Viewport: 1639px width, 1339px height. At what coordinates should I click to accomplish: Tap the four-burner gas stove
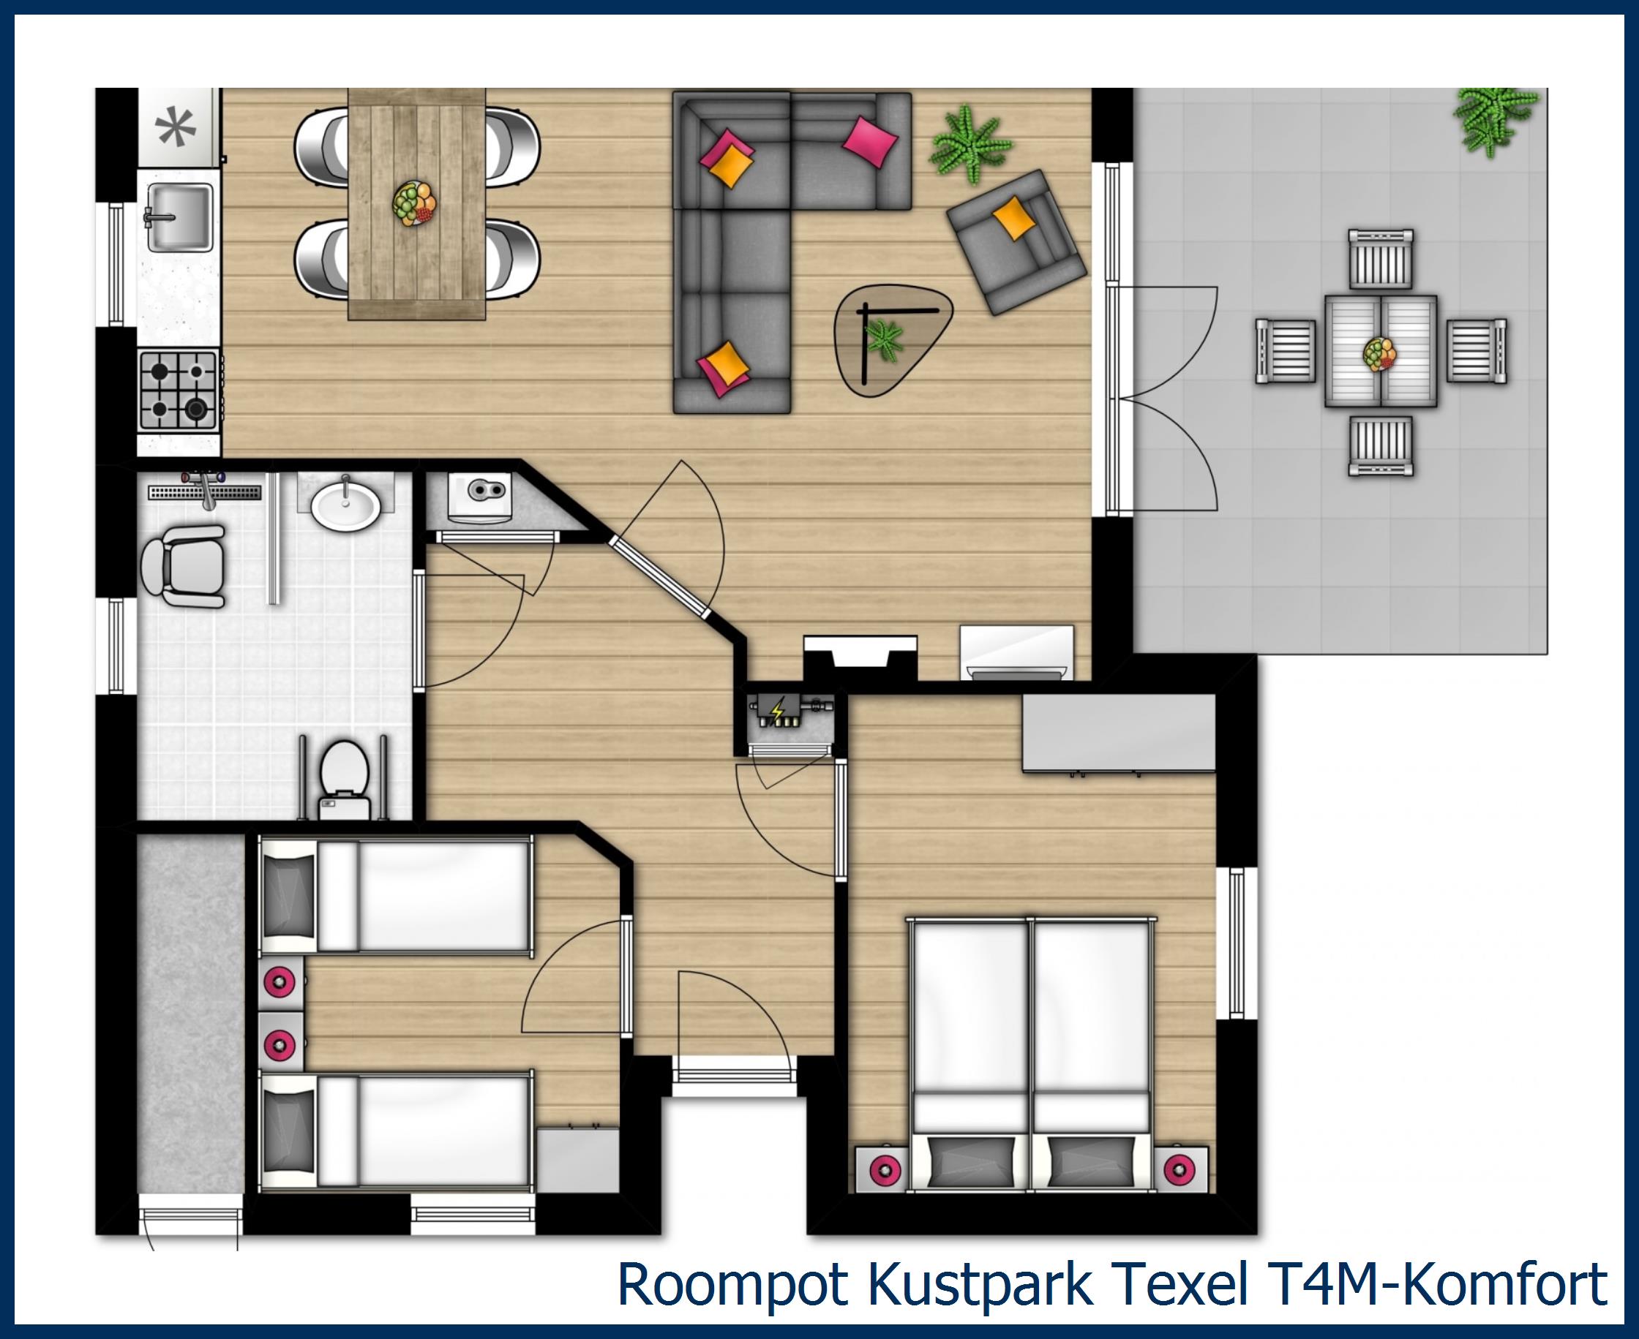coord(179,390)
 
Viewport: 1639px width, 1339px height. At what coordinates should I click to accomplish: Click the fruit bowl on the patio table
coord(1380,354)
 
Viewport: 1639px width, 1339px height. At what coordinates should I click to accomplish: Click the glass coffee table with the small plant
coord(891,338)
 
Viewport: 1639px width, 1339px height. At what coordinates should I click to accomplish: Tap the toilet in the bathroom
coord(344,777)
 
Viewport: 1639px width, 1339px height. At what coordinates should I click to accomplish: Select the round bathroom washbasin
coord(345,506)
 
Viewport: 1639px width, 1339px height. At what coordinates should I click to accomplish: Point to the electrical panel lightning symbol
coord(777,709)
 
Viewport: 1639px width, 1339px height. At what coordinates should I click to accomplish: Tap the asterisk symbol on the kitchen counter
coord(176,127)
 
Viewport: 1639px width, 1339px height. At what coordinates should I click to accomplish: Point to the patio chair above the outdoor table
coord(1381,259)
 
